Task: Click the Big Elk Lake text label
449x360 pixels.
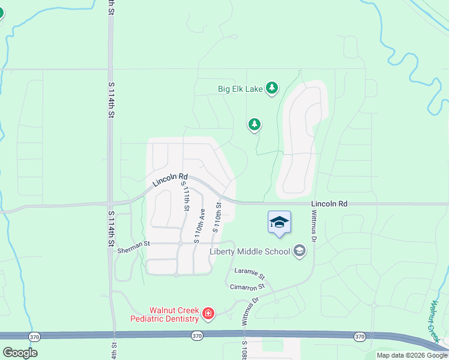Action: coord(240,89)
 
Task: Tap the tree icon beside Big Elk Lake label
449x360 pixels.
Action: coord(272,88)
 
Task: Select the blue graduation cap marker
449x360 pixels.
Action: coord(280,222)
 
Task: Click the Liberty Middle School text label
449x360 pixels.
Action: coord(250,251)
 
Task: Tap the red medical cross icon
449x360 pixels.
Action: coord(208,313)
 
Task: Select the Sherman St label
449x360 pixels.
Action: coord(133,244)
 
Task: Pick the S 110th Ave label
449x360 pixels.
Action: coord(200,226)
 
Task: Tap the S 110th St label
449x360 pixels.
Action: coord(217,217)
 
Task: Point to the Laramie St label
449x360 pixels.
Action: coord(250,274)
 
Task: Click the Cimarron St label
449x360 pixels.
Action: coord(247,287)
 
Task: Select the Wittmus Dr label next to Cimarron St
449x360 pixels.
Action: coord(250,311)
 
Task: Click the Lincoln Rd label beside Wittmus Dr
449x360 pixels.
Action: coord(329,204)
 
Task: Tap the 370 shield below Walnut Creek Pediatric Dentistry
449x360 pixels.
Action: coord(197,337)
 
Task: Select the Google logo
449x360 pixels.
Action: coord(20,353)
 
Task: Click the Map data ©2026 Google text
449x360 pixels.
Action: coord(412,355)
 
